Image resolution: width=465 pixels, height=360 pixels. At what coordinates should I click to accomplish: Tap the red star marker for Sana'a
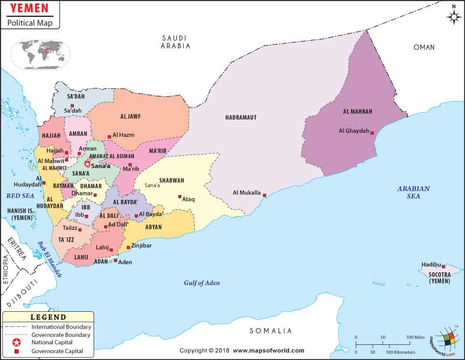[x=88, y=164]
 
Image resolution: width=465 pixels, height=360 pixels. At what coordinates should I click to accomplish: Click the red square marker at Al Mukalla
[x=265, y=195]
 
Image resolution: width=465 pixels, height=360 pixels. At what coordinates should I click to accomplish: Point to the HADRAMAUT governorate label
[x=241, y=118]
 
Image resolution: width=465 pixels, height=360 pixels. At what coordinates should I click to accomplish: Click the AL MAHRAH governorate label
[x=357, y=111]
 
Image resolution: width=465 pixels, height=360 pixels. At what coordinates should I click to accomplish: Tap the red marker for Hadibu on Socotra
[x=443, y=267]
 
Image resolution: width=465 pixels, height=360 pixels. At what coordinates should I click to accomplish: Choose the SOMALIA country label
[x=270, y=331]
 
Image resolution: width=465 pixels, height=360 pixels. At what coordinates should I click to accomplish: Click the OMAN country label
[x=424, y=47]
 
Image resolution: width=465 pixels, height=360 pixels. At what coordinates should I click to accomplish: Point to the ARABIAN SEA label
[x=413, y=192]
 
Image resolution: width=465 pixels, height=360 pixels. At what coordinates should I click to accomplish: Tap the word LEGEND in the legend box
[x=48, y=317]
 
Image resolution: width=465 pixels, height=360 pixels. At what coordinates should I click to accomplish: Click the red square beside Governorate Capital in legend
[x=17, y=351]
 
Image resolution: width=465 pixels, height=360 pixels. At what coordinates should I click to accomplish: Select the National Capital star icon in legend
[x=17, y=343]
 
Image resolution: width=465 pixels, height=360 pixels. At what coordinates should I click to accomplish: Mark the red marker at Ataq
[x=180, y=196]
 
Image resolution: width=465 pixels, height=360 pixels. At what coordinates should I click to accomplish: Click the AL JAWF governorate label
[x=131, y=116]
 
